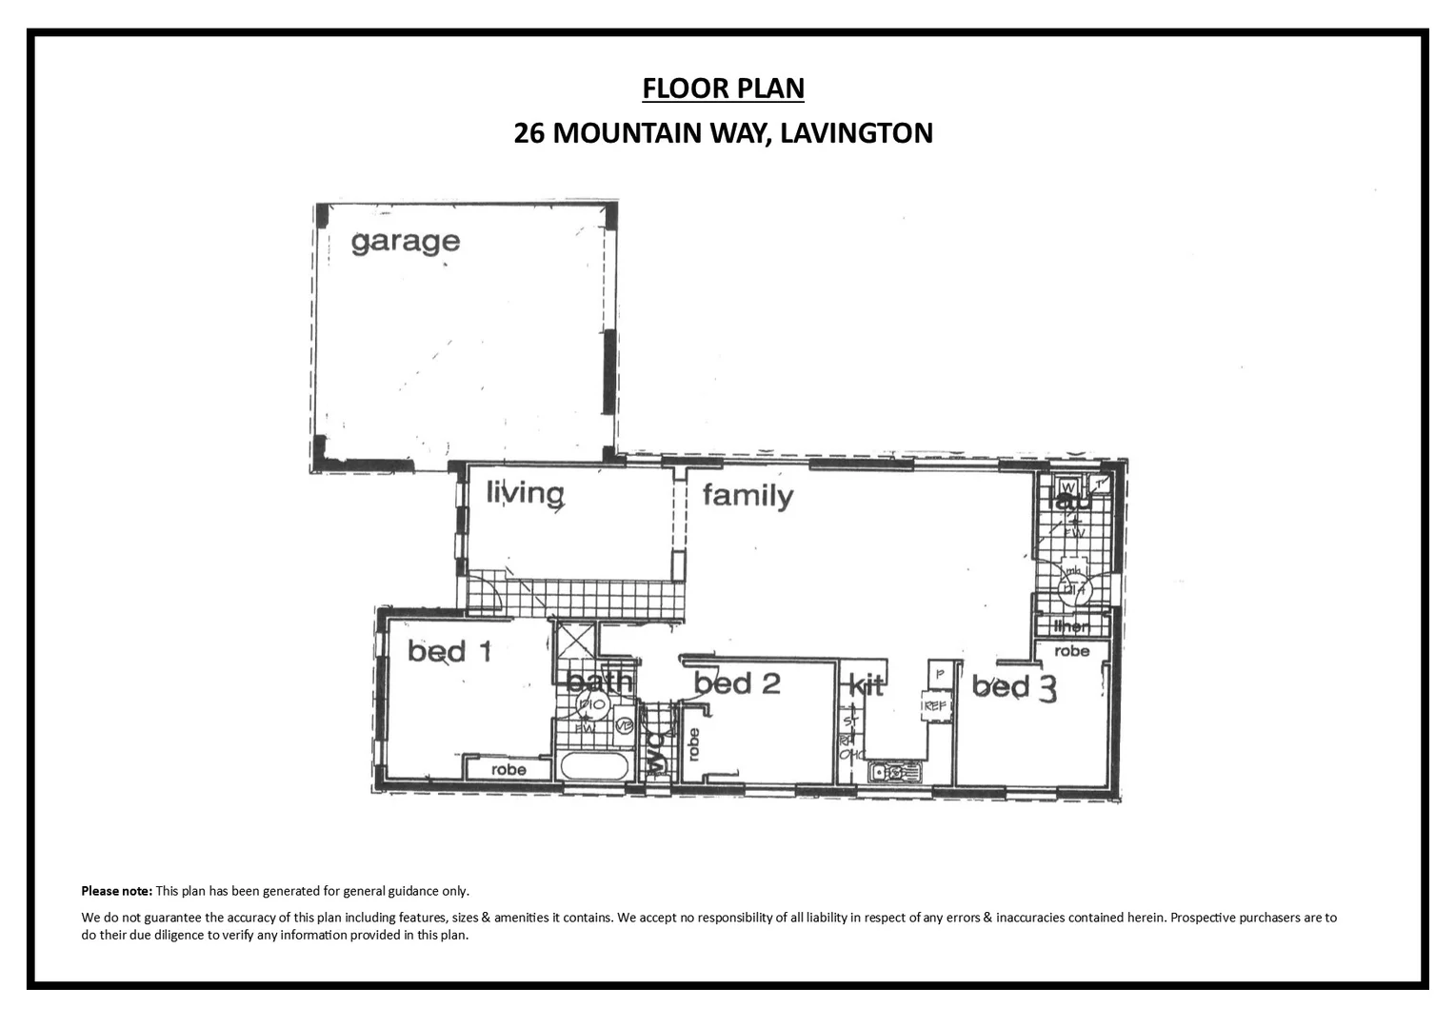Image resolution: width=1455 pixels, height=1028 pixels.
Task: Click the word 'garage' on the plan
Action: point(405,242)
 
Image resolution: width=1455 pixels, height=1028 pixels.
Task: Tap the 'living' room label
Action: point(525,493)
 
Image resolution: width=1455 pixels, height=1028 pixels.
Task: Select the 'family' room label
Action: point(747,496)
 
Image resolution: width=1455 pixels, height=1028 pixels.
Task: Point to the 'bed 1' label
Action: point(449,651)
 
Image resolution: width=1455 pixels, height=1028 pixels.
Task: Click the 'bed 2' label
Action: point(737,682)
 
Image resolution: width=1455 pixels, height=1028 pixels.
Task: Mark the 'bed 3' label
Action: point(1014,687)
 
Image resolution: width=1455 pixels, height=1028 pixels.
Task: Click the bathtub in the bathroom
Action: point(595,766)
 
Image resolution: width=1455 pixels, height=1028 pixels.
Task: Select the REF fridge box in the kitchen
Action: point(935,706)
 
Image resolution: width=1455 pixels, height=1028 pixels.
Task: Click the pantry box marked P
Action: point(939,673)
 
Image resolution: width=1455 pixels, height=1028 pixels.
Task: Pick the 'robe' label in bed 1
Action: point(508,769)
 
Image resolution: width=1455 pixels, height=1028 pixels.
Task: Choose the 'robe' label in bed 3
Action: point(1072,651)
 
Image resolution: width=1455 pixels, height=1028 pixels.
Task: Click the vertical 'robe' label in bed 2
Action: point(693,744)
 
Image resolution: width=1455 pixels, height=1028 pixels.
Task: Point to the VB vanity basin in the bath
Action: point(624,725)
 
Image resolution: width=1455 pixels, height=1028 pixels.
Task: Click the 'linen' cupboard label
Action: point(1072,626)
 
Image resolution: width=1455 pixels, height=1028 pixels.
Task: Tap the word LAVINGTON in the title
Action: point(855,132)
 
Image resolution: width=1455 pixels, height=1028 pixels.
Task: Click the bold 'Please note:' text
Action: point(116,892)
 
